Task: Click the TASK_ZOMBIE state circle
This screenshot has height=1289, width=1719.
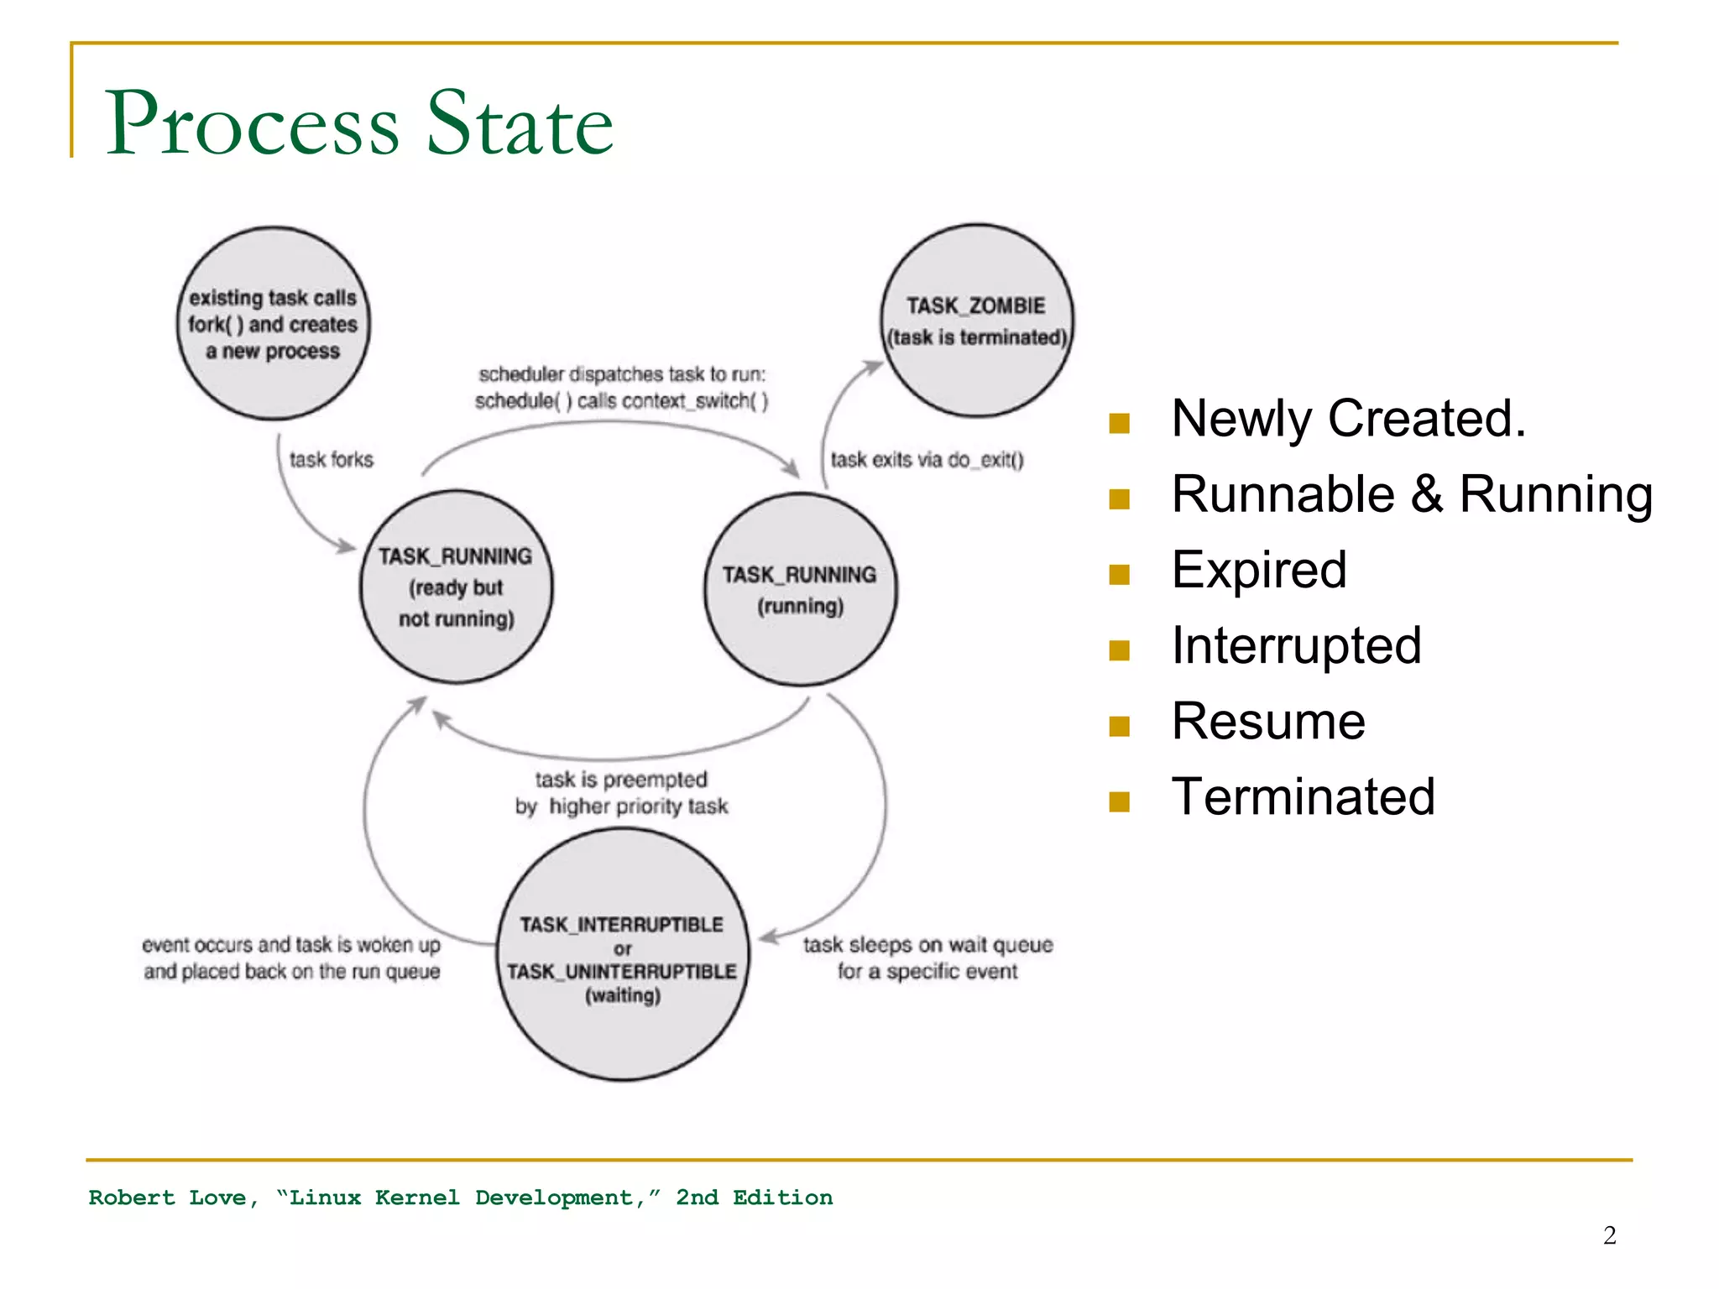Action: (976, 321)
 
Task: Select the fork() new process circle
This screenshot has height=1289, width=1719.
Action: (273, 323)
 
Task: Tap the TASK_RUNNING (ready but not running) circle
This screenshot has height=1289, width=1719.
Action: (456, 587)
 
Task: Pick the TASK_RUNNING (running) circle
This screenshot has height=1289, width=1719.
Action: (800, 589)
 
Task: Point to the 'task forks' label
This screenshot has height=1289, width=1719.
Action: (331, 460)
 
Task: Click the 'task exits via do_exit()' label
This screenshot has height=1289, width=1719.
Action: (927, 460)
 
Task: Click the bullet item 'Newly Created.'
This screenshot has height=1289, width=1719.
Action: (1348, 418)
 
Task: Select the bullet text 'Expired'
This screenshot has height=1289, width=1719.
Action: (1259, 570)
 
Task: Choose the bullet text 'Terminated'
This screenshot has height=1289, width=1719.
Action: (1303, 796)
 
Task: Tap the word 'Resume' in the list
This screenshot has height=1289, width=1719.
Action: (1268, 721)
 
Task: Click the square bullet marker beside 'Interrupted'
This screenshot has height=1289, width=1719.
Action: (1119, 650)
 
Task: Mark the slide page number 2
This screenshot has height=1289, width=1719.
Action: (1609, 1235)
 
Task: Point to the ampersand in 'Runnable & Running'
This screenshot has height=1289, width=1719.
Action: (1426, 494)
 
